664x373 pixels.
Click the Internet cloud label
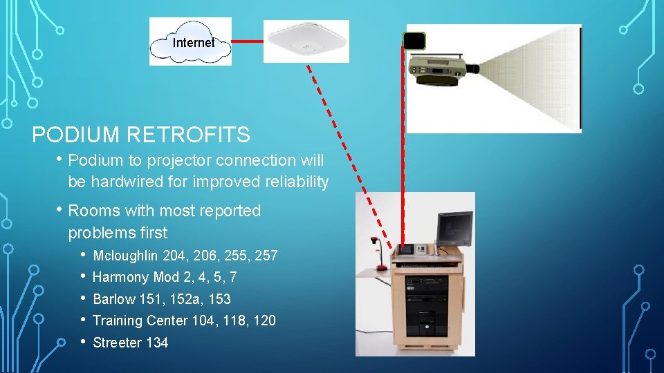tap(193, 43)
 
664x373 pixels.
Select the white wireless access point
tap(306, 41)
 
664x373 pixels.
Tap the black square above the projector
tap(415, 41)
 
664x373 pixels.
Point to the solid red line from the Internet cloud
tap(247, 41)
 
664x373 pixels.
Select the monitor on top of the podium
tap(454, 229)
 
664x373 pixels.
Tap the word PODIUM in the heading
tap(72, 135)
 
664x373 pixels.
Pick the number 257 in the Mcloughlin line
tap(266, 256)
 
